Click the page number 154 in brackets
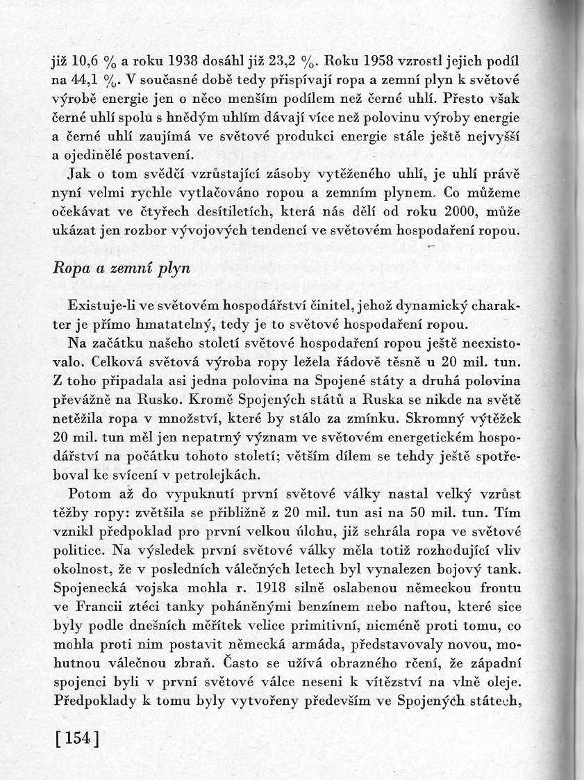tap(77, 738)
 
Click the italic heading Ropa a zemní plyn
tap(122, 270)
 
